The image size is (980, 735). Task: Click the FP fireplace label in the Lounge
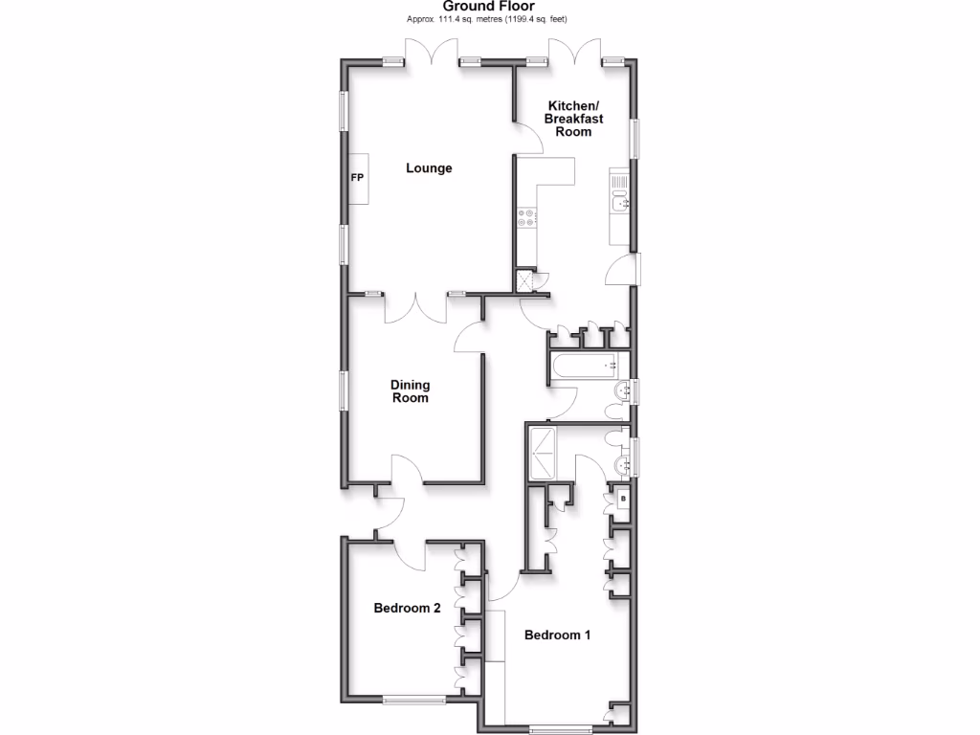tap(357, 179)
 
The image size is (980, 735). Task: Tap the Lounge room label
tap(429, 168)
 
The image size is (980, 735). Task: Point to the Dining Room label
tap(410, 391)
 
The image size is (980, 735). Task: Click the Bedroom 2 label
tap(407, 608)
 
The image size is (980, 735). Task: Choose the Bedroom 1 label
tap(558, 635)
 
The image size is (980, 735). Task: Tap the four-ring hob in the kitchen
tap(526, 217)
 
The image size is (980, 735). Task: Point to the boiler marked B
tap(623, 498)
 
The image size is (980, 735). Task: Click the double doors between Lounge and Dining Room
tap(416, 308)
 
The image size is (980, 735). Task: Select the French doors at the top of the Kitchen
tap(575, 54)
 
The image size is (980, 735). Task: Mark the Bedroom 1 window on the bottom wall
tap(561, 729)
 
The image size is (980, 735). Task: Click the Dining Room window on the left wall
tap(344, 390)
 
